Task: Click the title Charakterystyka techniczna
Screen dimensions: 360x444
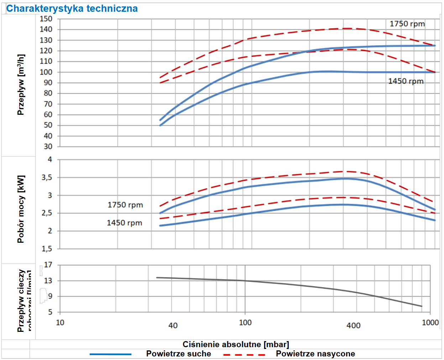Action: pyautogui.click(x=72, y=9)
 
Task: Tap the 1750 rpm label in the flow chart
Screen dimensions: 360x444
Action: pyautogui.click(x=407, y=24)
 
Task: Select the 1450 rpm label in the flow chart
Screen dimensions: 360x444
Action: pyautogui.click(x=406, y=81)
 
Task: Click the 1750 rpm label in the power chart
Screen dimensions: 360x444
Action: pyautogui.click(x=125, y=205)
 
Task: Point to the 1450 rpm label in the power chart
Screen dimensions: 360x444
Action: pyautogui.click(x=124, y=223)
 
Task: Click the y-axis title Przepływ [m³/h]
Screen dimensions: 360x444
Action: pyautogui.click(x=21, y=85)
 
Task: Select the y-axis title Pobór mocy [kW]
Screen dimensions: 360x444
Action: pyautogui.click(x=21, y=209)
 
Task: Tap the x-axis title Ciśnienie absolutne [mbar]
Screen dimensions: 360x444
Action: pyautogui.click(x=236, y=344)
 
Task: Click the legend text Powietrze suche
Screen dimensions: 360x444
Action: pyautogui.click(x=178, y=354)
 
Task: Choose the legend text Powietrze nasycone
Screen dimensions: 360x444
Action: pyautogui.click(x=315, y=354)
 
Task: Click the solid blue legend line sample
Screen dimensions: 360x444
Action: pyautogui.click(x=110, y=354)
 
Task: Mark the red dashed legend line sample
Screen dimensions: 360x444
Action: pyautogui.click(x=244, y=354)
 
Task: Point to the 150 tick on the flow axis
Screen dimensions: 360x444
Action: pyautogui.click(x=46, y=19)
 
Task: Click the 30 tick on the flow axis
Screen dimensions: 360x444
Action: pyautogui.click(x=48, y=146)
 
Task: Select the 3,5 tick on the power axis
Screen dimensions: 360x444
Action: pyautogui.click(x=47, y=178)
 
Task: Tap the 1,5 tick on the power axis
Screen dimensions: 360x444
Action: pyautogui.click(x=47, y=249)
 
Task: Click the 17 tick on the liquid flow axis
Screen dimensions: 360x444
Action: pyautogui.click(x=48, y=265)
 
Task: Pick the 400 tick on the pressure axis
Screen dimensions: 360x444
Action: pyautogui.click(x=353, y=325)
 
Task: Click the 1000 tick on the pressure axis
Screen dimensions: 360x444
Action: pyautogui.click(x=430, y=323)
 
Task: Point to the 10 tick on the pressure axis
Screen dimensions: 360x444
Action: pyautogui.click(x=60, y=323)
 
